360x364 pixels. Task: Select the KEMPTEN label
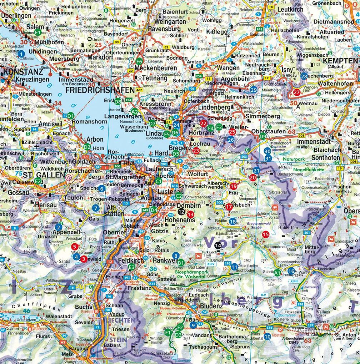pos(339,61)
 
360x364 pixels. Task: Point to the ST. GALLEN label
pos(38,175)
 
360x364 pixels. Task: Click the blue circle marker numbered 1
pos(21,54)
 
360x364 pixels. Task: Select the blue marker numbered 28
pos(304,76)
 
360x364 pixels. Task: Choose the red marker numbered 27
pos(296,92)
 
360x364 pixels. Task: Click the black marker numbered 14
pos(218,245)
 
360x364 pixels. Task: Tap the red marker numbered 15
pos(265,234)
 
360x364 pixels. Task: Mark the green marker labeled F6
pos(139,61)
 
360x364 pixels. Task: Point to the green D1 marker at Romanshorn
pos(71,116)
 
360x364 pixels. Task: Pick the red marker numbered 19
pos(234,186)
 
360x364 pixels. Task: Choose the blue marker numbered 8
pos(175,256)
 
